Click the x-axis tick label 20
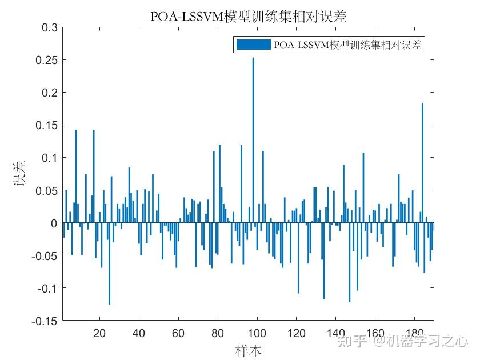point(99,333)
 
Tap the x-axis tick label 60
point(178,333)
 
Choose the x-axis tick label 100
point(257,333)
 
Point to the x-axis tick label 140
point(335,333)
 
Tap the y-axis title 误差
point(21,174)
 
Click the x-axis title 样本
point(249,350)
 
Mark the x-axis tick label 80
point(217,333)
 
